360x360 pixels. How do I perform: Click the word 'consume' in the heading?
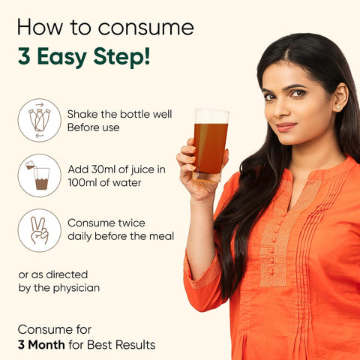pyautogui.click(x=146, y=28)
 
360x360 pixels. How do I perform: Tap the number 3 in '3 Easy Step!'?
pyautogui.click(x=24, y=56)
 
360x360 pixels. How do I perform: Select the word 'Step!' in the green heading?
pyautogui.click(x=121, y=58)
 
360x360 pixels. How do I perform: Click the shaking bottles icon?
pyautogui.click(x=39, y=120)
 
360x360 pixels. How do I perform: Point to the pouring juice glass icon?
pyautogui.click(x=39, y=175)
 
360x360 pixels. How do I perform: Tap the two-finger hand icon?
pyautogui.click(x=39, y=230)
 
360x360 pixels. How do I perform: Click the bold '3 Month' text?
pyautogui.click(x=41, y=345)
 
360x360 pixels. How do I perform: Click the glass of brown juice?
pyautogui.click(x=211, y=145)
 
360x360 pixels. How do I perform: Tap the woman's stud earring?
pyautogui.click(x=339, y=107)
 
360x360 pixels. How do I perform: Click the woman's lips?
pyautogui.click(x=286, y=127)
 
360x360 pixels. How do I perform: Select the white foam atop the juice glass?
pyautogui.click(x=211, y=116)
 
